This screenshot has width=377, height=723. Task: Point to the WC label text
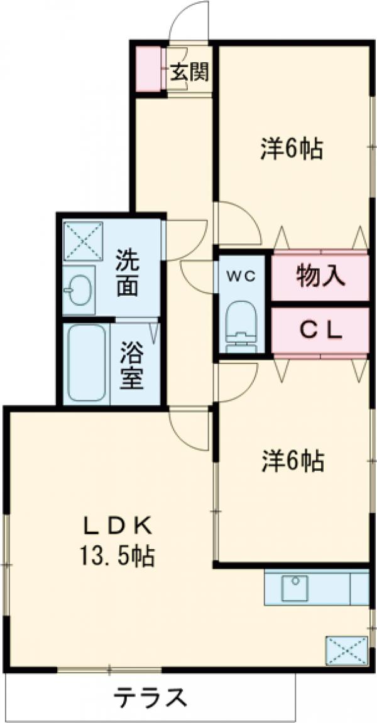point(241,277)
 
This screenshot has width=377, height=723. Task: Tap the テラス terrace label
point(150,697)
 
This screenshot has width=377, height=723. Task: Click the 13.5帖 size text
point(117,555)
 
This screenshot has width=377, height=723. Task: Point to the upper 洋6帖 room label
point(292,149)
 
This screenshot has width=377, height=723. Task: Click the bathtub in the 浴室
point(86,363)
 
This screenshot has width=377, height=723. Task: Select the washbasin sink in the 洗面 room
point(80,290)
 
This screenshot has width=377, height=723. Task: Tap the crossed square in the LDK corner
point(346,650)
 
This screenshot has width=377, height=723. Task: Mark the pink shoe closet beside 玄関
point(148,69)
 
